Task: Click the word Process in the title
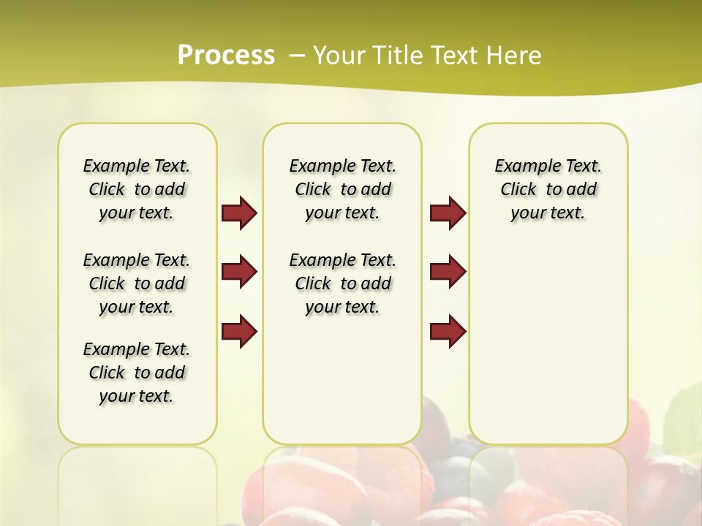pyautogui.click(x=226, y=55)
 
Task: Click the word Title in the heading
pyautogui.click(x=398, y=55)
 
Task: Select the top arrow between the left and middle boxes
pyautogui.click(x=239, y=213)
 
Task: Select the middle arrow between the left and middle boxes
pyautogui.click(x=239, y=272)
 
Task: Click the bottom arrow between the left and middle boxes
pyautogui.click(x=239, y=332)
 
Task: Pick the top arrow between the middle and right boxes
pyautogui.click(x=448, y=213)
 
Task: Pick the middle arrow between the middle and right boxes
pyautogui.click(x=448, y=272)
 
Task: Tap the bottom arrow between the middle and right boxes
pyautogui.click(x=448, y=332)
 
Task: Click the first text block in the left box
pyautogui.click(x=137, y=189)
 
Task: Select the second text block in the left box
pyautogui.click(x=137, y=283)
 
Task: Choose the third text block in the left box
pyautogui.click(x=137, y=373)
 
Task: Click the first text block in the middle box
pyautogui.click(x=343, y=189)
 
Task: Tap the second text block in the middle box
pyautogui.click(x=343, y=283)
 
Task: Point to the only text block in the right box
pyautogui.click(x=548, y=189)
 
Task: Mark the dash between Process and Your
pyautogui.click(x=297, y=55)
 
